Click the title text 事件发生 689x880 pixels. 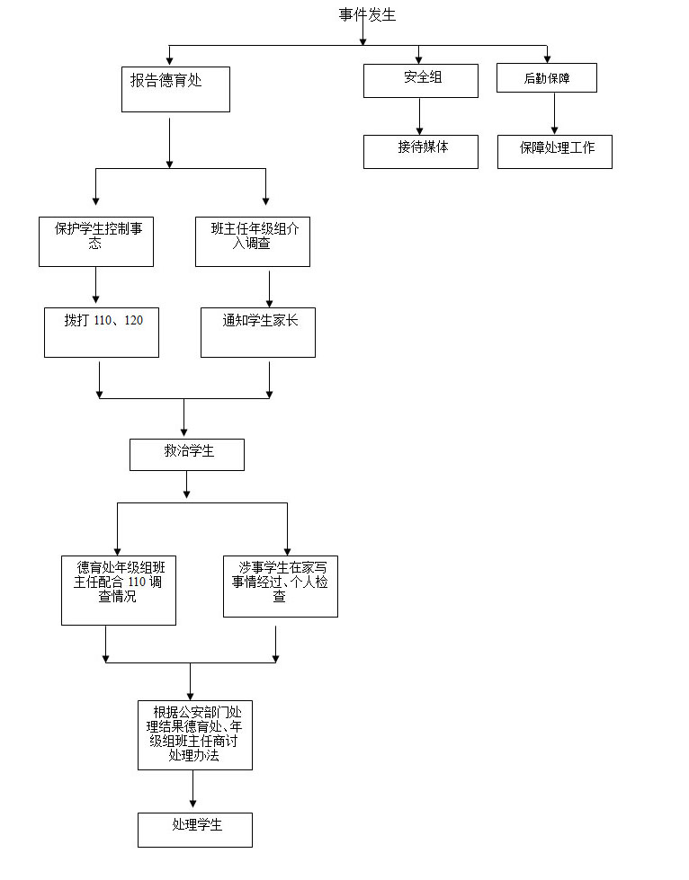367,14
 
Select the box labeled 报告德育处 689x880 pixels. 175,89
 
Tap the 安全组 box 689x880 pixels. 421,81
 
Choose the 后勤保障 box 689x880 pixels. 546,78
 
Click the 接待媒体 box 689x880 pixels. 421,152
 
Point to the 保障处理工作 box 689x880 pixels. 555,152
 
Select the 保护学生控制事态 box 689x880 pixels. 96,242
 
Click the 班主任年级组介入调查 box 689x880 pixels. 253,242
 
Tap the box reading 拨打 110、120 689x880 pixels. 102,333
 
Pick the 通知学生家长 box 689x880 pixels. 258,333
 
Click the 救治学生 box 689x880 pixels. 187,455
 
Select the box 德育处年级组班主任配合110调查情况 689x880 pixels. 119,591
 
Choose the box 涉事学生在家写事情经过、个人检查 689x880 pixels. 281,586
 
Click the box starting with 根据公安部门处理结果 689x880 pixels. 195,735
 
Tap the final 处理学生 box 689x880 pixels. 195,830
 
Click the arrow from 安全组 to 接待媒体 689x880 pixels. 419,117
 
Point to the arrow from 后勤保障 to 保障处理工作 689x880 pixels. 554,114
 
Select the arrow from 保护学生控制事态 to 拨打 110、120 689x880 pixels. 95,286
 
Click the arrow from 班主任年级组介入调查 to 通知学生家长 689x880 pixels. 269,289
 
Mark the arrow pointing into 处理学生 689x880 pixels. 192,789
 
